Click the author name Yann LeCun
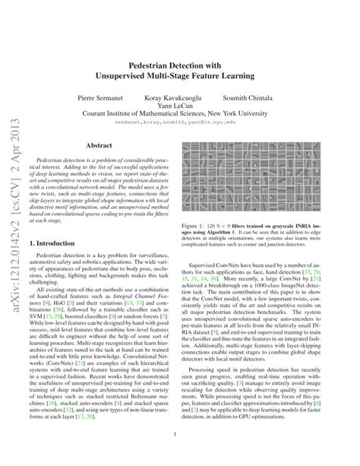[179, 108]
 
